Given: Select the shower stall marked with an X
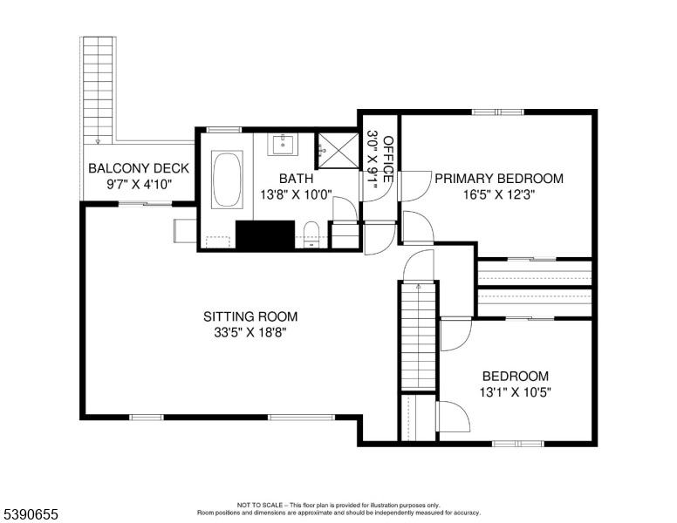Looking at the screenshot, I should click(336, 149).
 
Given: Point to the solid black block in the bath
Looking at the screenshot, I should click(266, 234).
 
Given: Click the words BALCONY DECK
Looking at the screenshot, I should click(133, 168).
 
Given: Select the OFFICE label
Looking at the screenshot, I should click(388, 160).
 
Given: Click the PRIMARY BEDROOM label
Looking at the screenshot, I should click(498, 179).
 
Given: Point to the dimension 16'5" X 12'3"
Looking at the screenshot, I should click(498, 195).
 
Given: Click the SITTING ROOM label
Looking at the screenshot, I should click(250, 316).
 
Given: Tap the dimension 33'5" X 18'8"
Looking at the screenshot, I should click(250, 333).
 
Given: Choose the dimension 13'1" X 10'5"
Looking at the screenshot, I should click(516, 392).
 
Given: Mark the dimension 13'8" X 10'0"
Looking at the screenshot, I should click(294, 194).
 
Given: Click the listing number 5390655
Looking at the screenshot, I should click(30, 515).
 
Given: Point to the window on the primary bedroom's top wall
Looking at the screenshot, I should click(498, 112).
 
